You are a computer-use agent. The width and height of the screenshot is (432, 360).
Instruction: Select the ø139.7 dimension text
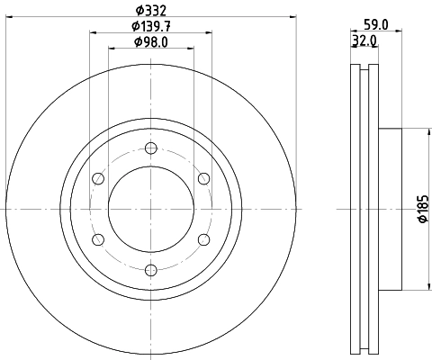pos(150,26)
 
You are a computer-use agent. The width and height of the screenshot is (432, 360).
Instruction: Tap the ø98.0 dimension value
pos(150,42)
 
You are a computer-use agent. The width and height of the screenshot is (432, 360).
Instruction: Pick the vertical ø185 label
pos(420,210)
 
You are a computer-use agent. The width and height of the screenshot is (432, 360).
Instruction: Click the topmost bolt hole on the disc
pos(150,148)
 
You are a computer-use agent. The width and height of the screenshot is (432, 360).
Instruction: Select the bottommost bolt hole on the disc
pos(150,268)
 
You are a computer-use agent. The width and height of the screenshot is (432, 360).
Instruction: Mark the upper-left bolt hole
pos(98,178)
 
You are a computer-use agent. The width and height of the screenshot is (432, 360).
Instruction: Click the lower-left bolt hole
pos(98,238)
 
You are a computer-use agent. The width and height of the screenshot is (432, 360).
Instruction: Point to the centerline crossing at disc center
pos(150,209)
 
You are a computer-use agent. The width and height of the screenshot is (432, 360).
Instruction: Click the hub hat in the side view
pos(389,209)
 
